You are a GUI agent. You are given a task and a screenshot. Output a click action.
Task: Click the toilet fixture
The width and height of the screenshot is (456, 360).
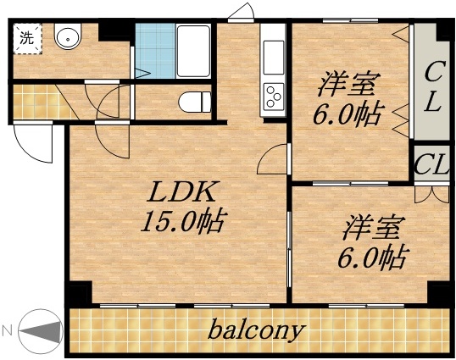[x=193, y=102]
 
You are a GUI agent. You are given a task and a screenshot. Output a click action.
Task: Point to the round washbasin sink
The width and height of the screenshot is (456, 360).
[x=66, y=37]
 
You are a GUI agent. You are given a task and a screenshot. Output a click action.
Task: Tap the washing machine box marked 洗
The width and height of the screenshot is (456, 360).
[x=28, y=38]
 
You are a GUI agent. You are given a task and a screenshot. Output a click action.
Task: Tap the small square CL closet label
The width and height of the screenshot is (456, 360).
[x=431, y=163]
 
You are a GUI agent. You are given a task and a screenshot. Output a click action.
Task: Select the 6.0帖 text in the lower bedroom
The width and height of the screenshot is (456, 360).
[x=373, y=255]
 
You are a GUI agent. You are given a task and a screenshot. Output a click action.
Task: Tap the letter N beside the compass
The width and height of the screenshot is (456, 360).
[x=8, y=330]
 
